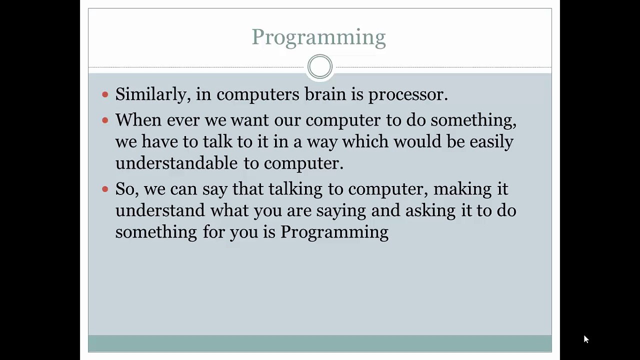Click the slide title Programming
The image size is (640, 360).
coord(318,37)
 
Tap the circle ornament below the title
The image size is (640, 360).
coord(320,66)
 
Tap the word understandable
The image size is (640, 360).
coord(176,163)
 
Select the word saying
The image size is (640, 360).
coord(343,211)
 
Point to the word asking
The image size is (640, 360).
coord(430,211)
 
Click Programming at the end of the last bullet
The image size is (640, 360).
coord(334,232)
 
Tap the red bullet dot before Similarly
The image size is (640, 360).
coord(105,94)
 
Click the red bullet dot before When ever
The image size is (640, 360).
coord(105,120)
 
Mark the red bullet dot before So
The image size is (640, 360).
coord(105,189)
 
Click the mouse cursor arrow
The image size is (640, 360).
coord(586,339)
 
